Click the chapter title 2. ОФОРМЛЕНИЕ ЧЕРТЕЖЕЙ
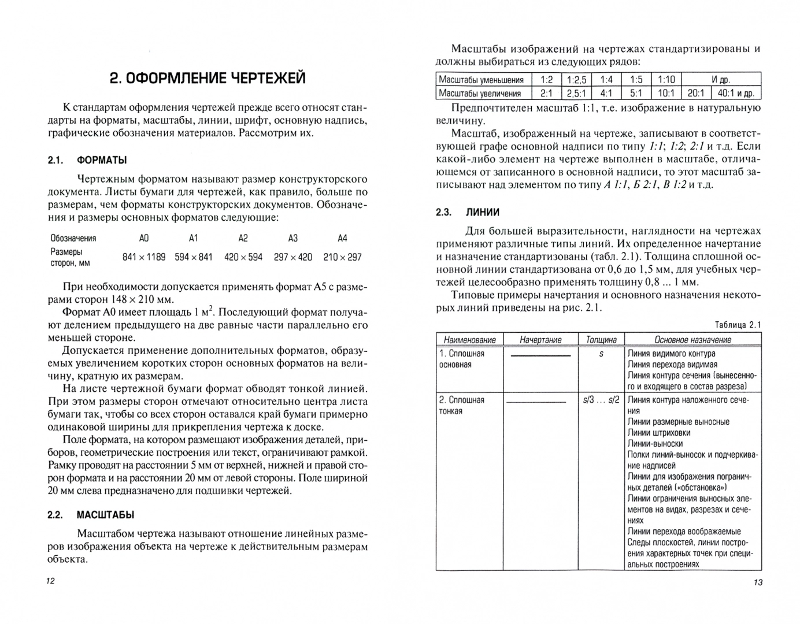coord(208,78)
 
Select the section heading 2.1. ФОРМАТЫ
coord(87,160)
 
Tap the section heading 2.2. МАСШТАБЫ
coord(91,515)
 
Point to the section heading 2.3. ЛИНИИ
coord(468,212)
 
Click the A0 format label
coord(144,238)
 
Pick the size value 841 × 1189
coord(144,257)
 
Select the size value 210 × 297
coord(342,257)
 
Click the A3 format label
coord(293,238)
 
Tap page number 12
coord(50,581)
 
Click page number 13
coord(758,582)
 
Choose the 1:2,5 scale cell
coord(576,80)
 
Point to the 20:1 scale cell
coord(696,93)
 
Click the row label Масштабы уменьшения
coord(481,80)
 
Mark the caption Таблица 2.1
coord(738,325)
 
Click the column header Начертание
coord(540,340)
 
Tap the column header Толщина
coord(601,340)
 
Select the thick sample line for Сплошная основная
coord(540,355)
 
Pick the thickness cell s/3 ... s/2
coord(601,400)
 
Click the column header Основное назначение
coord(692,340)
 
